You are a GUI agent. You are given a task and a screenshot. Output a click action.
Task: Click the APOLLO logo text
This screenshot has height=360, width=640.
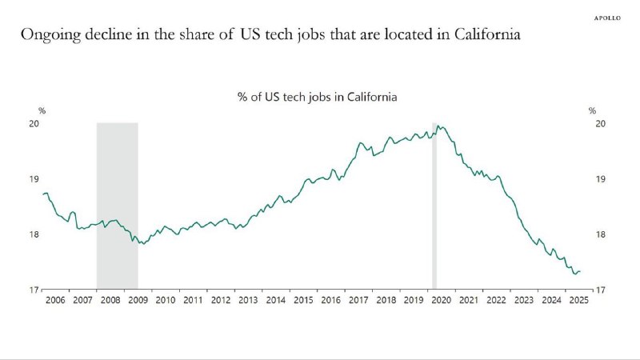coord(612,16)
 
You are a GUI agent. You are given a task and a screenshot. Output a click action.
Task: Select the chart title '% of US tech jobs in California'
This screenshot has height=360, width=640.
coord(318,96)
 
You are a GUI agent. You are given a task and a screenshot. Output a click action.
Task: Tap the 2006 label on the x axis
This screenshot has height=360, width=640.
coord(54,300)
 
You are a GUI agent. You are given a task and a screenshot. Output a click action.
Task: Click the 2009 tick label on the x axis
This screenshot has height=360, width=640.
coord(138,300)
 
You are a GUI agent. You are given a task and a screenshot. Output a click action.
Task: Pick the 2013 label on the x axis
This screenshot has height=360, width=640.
coord(248,300)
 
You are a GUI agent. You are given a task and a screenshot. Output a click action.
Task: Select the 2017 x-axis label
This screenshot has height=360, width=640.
coord(358,300)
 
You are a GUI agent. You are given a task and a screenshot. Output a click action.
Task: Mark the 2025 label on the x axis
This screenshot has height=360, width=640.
coord(578,300)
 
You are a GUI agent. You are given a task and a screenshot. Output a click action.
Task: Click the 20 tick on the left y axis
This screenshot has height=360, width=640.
coord(34,124)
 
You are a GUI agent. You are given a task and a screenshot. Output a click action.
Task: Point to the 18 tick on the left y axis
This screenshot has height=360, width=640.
coord(34,234)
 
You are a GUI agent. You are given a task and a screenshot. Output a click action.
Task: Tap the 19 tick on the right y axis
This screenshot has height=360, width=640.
coord(600,179)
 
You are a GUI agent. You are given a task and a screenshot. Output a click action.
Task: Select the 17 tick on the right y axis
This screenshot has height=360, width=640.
coord(600,290)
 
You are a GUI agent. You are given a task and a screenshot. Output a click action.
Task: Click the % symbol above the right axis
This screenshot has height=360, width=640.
coord(593,110)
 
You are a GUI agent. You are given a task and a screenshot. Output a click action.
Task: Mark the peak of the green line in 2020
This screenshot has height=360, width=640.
coord(438,126)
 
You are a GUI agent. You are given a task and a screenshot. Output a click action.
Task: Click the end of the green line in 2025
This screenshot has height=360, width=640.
coord(580,271)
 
